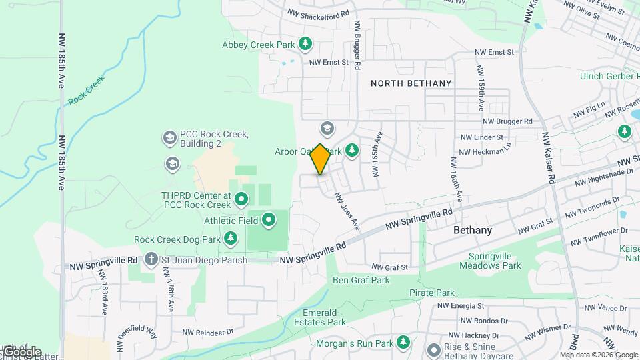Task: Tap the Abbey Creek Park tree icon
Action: (x=305, y=45)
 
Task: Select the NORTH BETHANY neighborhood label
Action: (x=411, y=83)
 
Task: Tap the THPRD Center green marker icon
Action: (x=241, y=198)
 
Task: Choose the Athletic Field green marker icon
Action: (x=269, y=219)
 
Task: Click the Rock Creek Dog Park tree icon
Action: (x=231, y=239)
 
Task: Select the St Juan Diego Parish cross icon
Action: (x=152, y=259)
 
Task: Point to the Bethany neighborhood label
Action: (x=472, y=230)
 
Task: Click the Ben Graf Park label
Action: (x=361, y=280)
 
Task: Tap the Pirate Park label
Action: (x=432, y=293)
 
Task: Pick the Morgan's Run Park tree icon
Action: (x=403, y=343)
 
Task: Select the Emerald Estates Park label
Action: (x=324, y=317)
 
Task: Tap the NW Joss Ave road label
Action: (x=347, y=211)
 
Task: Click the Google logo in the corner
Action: (x=21, y=351)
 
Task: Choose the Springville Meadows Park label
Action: (x=494, y=261)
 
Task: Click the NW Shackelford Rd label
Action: (x=318, y=13)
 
